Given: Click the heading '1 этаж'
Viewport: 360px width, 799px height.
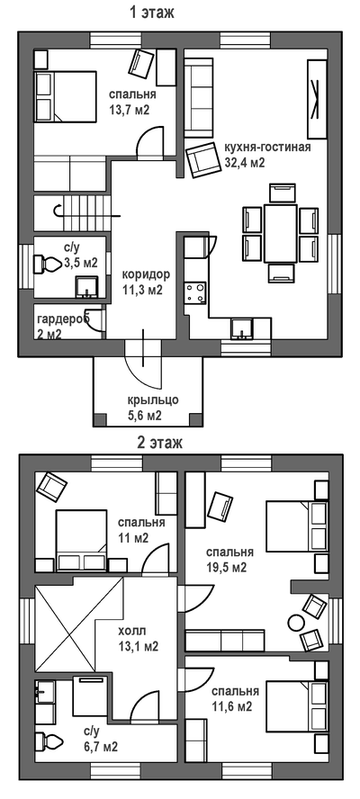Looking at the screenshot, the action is point(151,13).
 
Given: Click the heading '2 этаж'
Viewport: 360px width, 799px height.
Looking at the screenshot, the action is point(160,443).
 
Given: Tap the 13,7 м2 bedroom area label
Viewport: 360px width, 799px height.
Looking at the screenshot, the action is point(129,110).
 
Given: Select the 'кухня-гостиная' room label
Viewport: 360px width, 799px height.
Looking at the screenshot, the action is point(267,148).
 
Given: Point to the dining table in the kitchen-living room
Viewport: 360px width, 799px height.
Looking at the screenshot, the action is point(280,233).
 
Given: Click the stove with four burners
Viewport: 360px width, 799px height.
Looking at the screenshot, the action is point(195,294).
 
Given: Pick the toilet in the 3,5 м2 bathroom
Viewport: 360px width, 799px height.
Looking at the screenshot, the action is point(47,264).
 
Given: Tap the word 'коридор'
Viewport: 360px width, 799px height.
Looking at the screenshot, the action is point(146,274).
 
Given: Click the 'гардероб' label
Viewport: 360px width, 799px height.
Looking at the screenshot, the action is point(63,319).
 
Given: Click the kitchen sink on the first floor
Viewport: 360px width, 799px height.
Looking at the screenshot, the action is point(240,328).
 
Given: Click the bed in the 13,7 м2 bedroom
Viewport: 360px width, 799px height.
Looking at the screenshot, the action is point(66,97).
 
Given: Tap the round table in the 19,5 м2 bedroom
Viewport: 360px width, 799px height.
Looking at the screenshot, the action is point(296,623).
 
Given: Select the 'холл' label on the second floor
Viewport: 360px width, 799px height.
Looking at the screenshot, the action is point(129,632).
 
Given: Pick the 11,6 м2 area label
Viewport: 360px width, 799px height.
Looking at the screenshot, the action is point(231,706).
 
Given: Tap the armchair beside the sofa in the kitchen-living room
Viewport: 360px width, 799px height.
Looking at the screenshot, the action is point(201,160).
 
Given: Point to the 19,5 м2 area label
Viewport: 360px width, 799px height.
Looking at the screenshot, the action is point(226,567).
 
